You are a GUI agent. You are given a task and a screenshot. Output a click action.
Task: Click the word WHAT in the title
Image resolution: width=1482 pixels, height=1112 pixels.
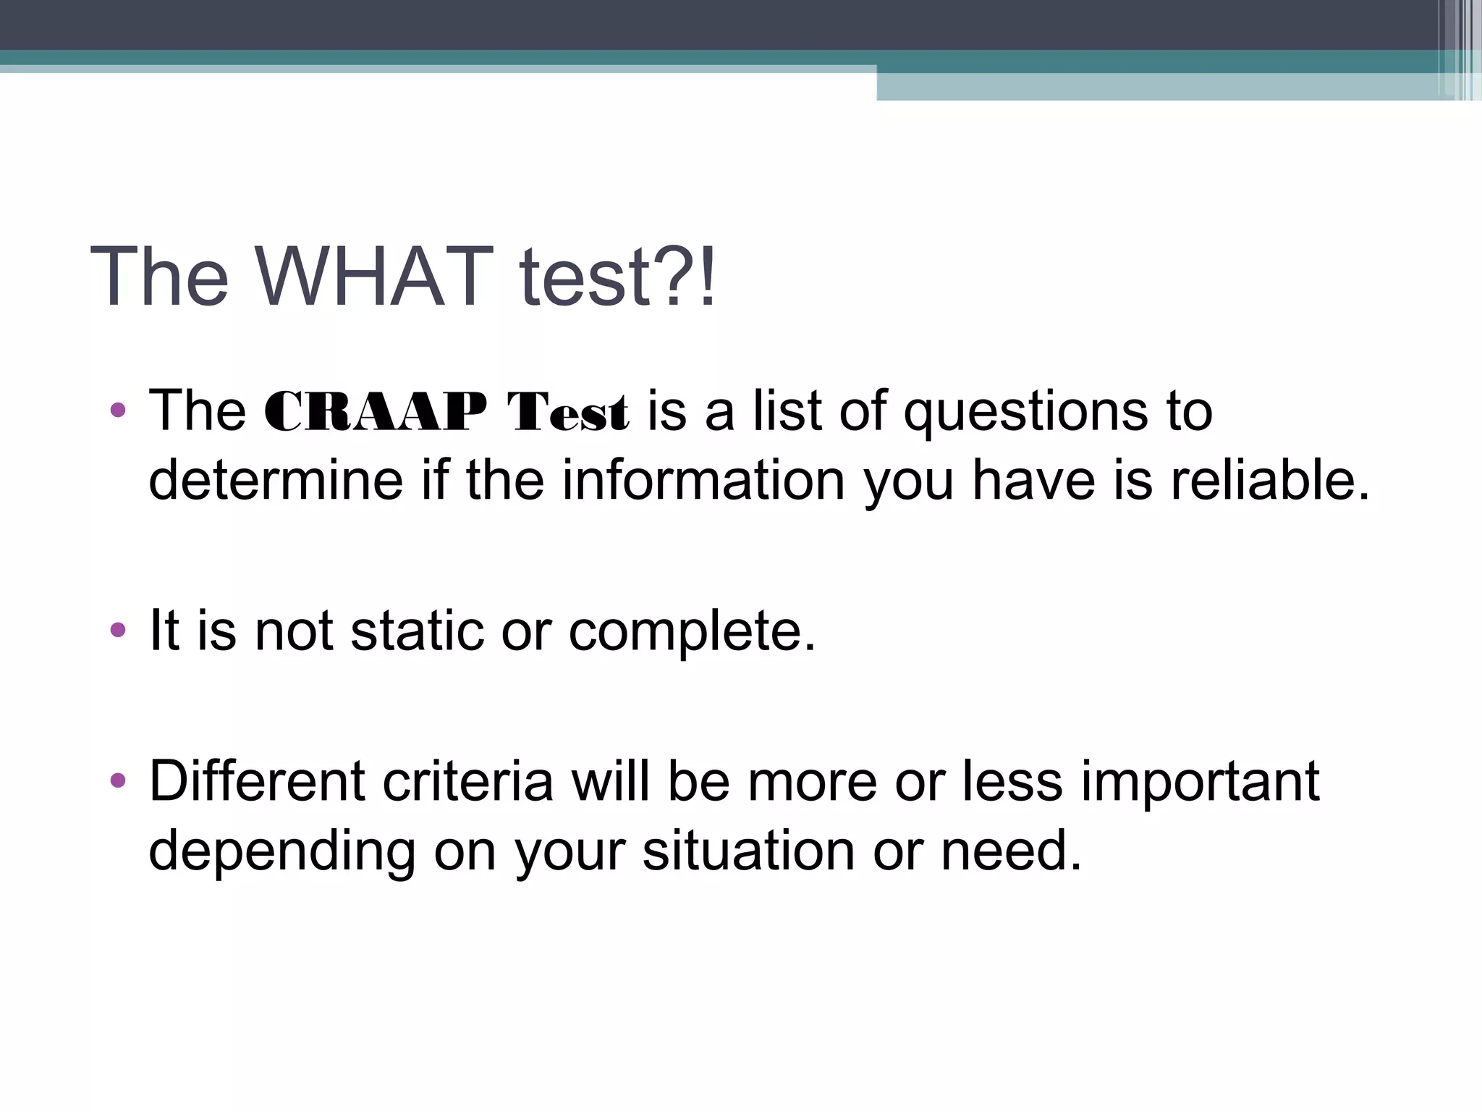375,277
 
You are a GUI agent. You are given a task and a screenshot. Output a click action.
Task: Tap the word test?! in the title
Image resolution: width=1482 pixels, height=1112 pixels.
617,277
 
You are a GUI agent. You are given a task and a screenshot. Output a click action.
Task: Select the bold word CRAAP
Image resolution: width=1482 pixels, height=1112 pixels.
376,413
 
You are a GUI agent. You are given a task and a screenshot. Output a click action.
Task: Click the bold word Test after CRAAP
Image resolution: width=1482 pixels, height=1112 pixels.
567,413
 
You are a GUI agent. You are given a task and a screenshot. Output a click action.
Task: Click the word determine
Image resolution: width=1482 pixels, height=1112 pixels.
276,481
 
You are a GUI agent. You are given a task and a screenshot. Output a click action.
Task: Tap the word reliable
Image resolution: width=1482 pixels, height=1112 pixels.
1270,481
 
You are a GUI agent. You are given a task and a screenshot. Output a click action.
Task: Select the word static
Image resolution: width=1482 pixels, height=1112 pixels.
417,631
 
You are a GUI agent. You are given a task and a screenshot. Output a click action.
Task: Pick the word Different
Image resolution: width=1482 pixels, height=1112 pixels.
257,782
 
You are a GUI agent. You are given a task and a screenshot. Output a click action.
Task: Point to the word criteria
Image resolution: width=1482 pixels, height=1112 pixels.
468,782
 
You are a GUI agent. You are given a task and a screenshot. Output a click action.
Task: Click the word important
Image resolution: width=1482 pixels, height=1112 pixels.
1200,782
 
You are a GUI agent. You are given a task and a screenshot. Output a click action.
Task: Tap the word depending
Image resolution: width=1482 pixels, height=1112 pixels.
282,851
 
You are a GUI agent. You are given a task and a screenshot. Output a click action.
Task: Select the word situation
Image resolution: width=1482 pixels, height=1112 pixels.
749,851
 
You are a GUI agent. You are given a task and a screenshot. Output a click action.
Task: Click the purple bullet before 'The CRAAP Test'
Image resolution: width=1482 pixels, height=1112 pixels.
118,411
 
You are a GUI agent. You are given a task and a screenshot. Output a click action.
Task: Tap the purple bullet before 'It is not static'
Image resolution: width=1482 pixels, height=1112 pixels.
118,630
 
